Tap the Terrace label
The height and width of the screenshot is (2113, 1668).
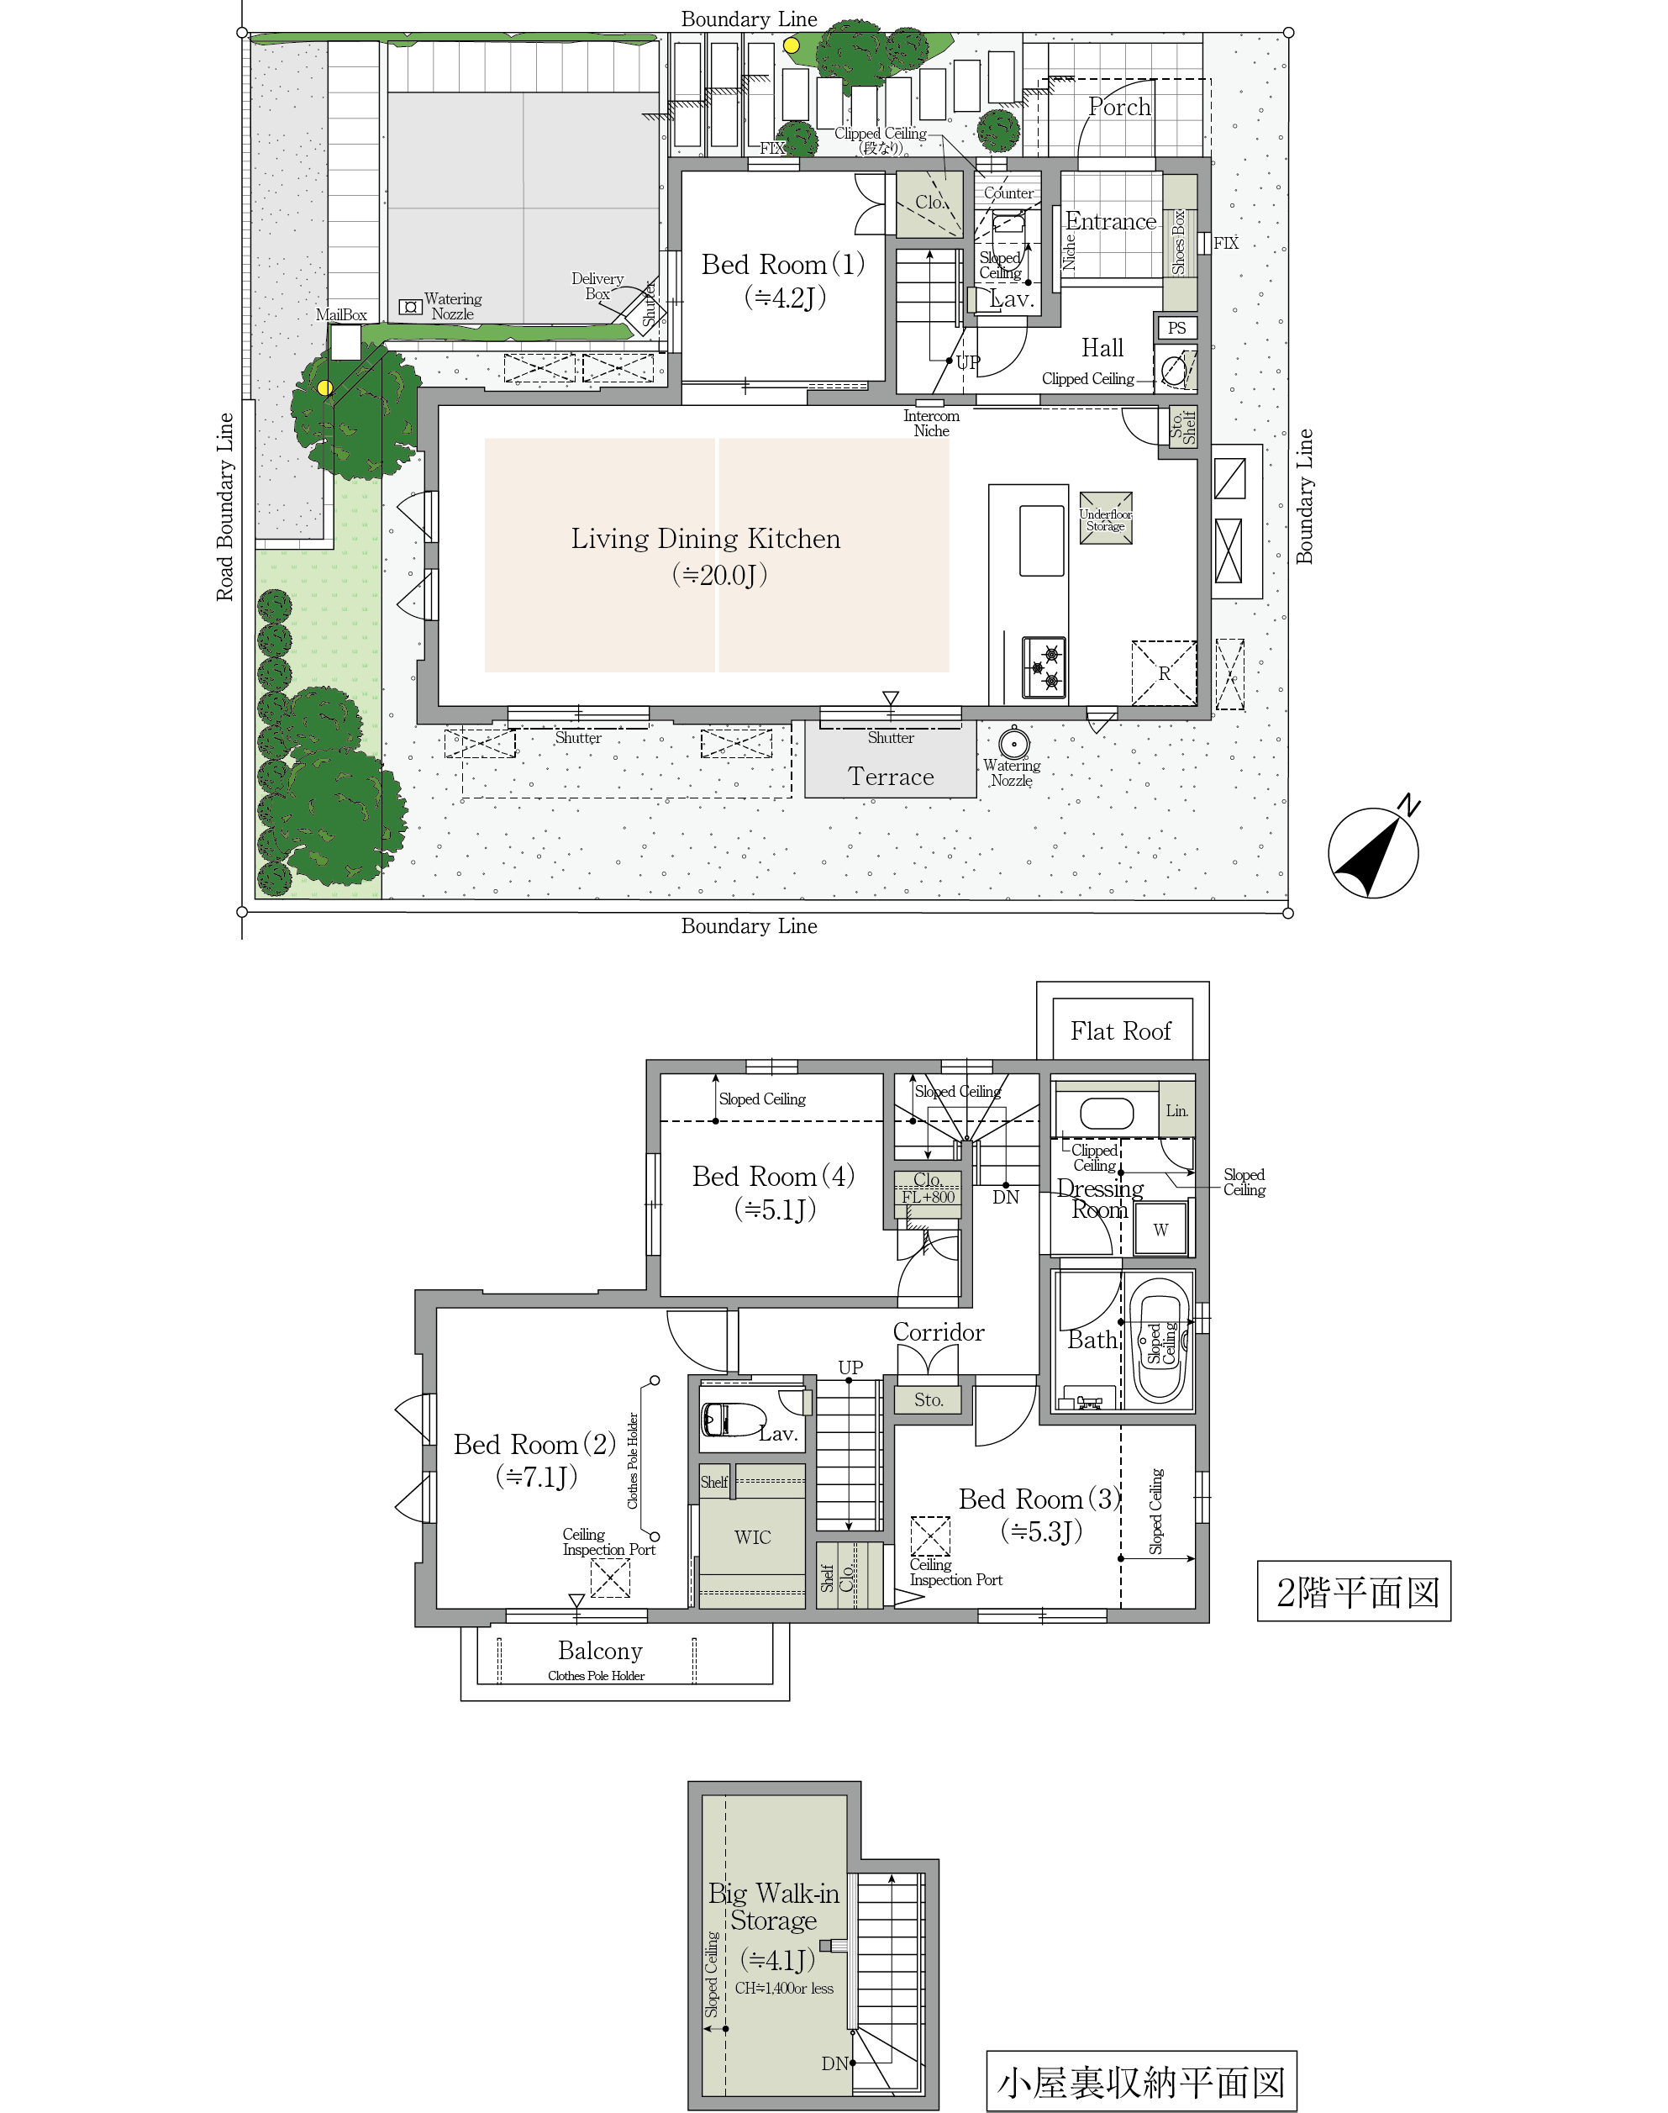coord(891,777)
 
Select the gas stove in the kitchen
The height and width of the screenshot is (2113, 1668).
coord(1043,667)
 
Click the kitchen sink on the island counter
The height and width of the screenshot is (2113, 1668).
coord(1042,540)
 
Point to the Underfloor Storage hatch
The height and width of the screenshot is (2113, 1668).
coord(1106,518)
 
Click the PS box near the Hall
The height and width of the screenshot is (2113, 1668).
coord(1176,329)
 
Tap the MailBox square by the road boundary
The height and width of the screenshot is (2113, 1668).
coord(345,343)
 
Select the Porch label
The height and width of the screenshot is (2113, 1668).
coord(1119,107)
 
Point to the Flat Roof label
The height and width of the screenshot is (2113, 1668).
coord(1120,1030)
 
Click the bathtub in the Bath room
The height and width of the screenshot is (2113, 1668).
coord(1160,1341)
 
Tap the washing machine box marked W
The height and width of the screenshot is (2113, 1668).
coord(1160,1229)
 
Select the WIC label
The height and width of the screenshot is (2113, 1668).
coord(752,1536)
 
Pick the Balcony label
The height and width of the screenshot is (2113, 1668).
coord(600,1651)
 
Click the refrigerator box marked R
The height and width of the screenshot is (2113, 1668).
coord(1163,672)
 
